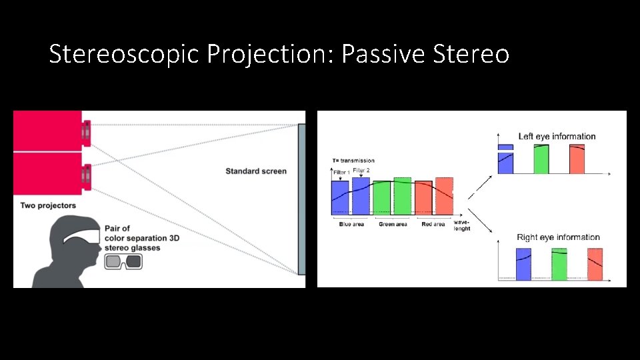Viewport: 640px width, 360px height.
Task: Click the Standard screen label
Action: tap(256, 171)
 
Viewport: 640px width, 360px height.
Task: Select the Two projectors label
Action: tap(48, 205)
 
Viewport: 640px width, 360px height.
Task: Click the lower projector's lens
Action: tap(86, 176)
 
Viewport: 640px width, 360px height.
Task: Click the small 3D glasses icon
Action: tap(124, 261)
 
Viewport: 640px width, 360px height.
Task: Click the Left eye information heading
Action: tap(557, 137)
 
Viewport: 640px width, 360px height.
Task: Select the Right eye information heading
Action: tap(558, 237)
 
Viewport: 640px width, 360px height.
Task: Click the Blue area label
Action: tap(351, 225)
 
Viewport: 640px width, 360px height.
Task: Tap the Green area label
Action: tap(393, 225)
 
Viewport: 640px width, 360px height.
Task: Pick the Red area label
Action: tap(433, 225)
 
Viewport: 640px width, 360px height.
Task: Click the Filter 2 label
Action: tap(361, 171)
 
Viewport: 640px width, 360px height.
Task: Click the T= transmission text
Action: tap(353, 161)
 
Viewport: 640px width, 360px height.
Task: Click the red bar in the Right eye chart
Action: tap(595, 264)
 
